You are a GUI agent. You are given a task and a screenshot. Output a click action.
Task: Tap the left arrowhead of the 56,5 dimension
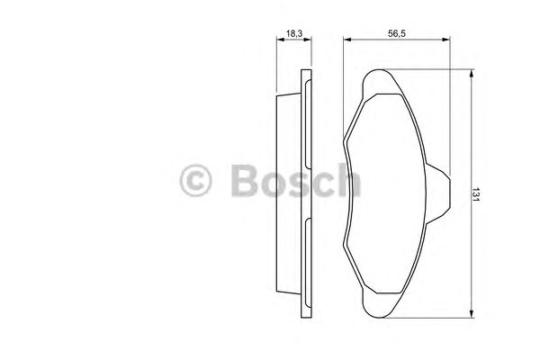coord(347,40)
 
